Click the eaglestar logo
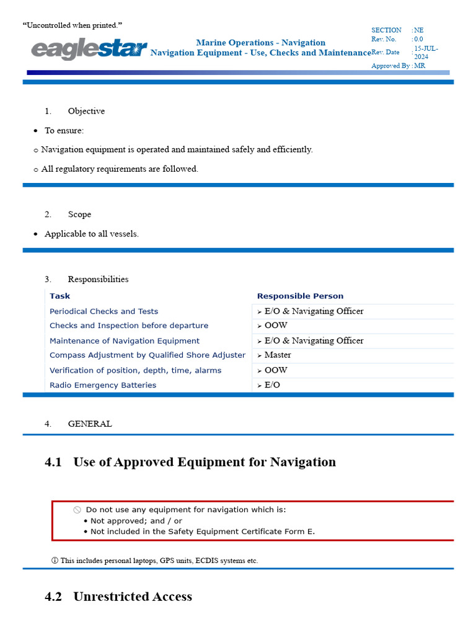pyautogui.click(x=89, y=49)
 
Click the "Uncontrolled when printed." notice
pyautogui.click(x=73, y=25)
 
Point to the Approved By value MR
pyautogui.click(x=420, y=65)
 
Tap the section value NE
pyautogui.click(x=419, y=30)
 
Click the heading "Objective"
pyautogui.click(x=86, y=111)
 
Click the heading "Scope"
pyautogui.click(x=79, y=214)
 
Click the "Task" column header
pyautogui.click(x=60, y=296)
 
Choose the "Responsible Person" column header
pyautogui.click(x=300, y=296)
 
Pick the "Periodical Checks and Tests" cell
pyautogui.click(x=104, y=311)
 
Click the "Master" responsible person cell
pyautogui.click(x=277, y=355)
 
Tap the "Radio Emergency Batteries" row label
pyautogui.click(x=103, y=385)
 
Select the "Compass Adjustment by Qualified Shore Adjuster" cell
pyautogui.click(x=148, y=355)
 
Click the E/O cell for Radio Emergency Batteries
pyautogui.click(x=272, y=385)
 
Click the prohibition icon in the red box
pyautogui.click(x=77, y=510)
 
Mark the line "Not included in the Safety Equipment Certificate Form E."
pyautogui.click(x=203, y=531)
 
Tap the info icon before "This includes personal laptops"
pyautogui.click(x=55, y=561)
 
